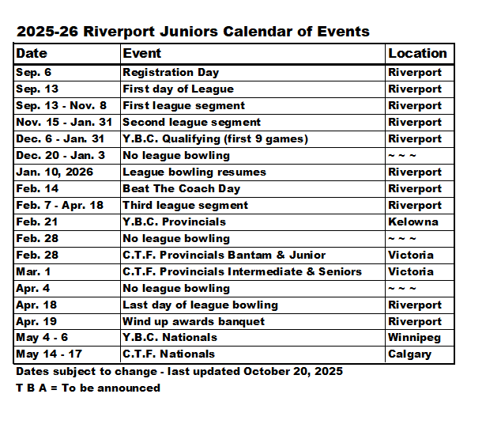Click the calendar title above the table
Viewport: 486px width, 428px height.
click(x=192, y=32)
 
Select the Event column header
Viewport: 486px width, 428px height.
click(x=141, y=53)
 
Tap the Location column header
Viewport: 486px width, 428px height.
click(x=417, y=53)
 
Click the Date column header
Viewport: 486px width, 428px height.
click(x=32, y=53)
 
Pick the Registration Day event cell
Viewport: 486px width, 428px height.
click(x=170, y=72)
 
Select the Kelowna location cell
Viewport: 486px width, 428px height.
click(x=413, y=222)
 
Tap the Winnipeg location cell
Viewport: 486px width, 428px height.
click(x=415, y=338)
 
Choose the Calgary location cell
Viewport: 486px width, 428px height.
click(x=409, y=354)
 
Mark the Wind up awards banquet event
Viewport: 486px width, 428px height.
click(x=193, y=321)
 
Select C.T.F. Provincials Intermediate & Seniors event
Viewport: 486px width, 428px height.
click(x=242, y=271)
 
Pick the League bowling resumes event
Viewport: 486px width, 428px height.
click(x=194, y=172)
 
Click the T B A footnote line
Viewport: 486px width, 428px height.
click(x=88, y=388)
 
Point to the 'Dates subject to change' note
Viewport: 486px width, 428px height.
click(x=179, y=371)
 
